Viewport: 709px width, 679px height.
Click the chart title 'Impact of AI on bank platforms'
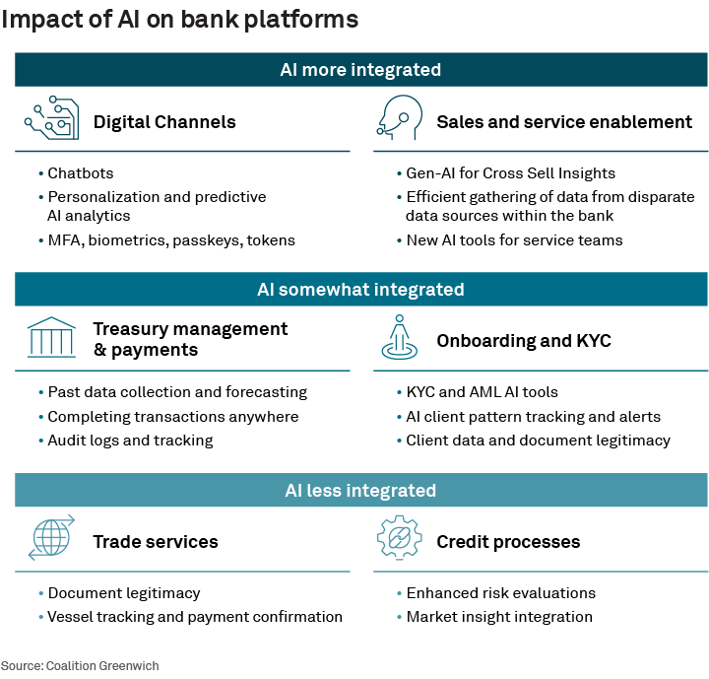point(179,20)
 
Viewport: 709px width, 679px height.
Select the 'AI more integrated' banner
point(360,70)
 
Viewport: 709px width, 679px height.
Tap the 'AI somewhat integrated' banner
point(360,290)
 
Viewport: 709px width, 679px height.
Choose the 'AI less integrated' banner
point(360,490)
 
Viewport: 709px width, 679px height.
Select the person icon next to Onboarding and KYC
point(398,338)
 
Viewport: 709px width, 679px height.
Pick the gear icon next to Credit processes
point(398,539)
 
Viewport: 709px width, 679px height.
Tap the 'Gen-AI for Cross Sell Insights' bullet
point(510,173)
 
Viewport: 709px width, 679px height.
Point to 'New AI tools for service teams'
point(514,239)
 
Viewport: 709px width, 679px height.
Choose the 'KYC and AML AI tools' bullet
point(482,392)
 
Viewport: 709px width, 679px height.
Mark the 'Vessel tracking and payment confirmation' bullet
point(195,617)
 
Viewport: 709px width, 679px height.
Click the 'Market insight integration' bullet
point(499,617)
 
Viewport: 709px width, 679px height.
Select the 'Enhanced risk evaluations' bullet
point(500,593)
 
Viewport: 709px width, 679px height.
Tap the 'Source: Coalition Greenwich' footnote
point(80,665)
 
